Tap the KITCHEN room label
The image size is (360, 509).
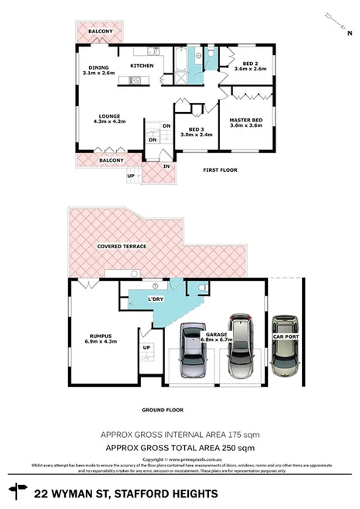[142, 66]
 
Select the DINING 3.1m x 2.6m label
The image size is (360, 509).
[98, 70]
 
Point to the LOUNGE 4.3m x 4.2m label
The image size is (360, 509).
[109, 119]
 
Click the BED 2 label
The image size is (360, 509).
[249, 66]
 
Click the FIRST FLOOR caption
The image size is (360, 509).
[219, 170]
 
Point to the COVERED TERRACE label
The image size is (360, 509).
[122, 247]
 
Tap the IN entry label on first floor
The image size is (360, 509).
[166, 166]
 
